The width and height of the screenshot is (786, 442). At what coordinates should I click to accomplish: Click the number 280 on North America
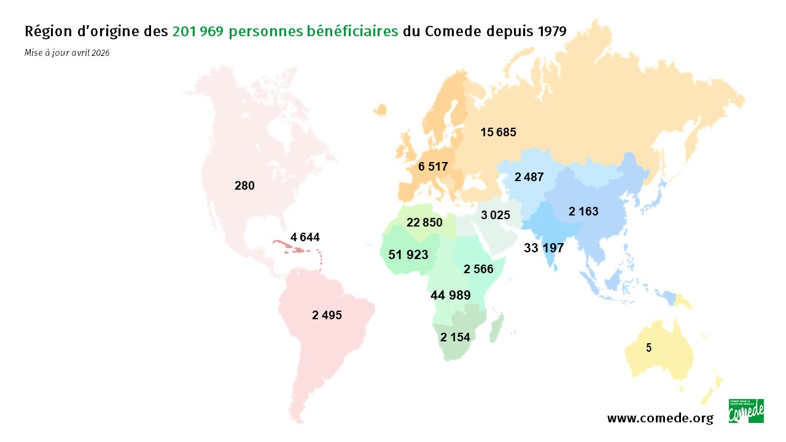244,185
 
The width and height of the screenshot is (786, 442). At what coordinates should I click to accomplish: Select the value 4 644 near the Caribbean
305,237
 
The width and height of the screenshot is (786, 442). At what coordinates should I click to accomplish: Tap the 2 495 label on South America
327,316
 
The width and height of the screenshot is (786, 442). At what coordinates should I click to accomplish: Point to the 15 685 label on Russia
498,132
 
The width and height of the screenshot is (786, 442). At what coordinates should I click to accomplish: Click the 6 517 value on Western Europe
433,166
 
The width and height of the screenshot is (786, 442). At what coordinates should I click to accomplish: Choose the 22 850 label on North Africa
424,222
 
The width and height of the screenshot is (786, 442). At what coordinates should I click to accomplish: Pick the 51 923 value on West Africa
408,254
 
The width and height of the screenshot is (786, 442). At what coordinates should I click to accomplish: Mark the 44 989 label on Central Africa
451,295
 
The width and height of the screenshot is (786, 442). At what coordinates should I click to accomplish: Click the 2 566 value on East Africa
478,269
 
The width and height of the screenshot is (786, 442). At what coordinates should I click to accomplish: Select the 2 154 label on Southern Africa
455,337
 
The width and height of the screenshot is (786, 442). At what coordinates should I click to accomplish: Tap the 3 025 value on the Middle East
496,215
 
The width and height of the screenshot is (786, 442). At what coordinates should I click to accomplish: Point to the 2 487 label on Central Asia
529,177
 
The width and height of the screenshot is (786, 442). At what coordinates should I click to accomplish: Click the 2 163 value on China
583,212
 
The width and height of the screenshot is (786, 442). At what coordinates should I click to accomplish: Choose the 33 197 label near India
543,248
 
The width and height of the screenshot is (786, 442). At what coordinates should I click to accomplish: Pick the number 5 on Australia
648,347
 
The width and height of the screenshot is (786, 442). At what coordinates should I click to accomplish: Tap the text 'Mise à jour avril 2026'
67,53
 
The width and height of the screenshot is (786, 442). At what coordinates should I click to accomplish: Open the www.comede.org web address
660,419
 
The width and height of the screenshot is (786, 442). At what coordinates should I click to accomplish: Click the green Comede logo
746,411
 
